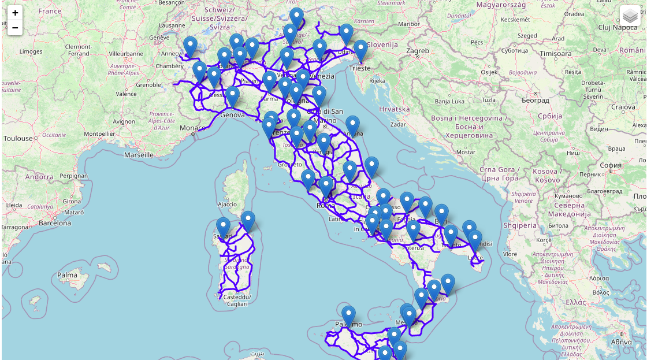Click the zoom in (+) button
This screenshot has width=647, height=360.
pyautogui.click(x=15, y=13)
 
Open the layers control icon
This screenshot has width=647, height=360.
pyautogui.click(x=630, y=16)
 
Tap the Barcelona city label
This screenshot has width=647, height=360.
pyautogui.click(x=55, y=222)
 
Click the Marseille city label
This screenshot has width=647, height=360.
pyautogui.click(x=139, y=155)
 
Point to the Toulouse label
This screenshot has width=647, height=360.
pyautogui.click(x=18, y=139)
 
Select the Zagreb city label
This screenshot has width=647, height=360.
pyautogui.click(x=418, y=51)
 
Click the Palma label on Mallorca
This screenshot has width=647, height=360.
pyautogui.click(x=68, y=275)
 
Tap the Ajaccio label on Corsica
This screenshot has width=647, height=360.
pyautogui.click(x=227, y=204)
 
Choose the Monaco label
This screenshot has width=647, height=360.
pyautogui.click(x=192, y=128)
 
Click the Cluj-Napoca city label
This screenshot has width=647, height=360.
pyautogui.click(x=618, y=27)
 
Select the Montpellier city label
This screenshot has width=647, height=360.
pyautogui.click(x=99, y=133)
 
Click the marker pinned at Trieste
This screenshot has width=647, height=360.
pyautogui.click(x=360, y=50)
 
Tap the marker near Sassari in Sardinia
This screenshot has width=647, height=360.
pyautogui.click(x=223, y=227)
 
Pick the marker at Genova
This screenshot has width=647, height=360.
pyautogui.click(x=232, y=97)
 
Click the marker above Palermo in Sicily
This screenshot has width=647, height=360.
pyautogui.click(x=348, y=316)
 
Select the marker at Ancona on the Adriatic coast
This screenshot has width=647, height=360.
pyautogui.click(x=352, y=125)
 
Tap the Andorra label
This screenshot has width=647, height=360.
pyautogui.click(x=39, y=177)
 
